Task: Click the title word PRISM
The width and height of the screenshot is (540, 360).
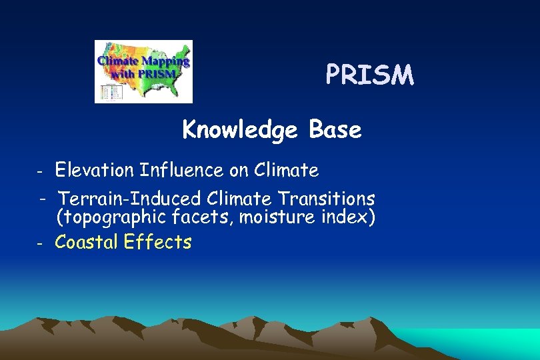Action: click(x=369, y=75)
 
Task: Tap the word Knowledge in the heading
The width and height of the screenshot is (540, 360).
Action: click(x=240, y=129)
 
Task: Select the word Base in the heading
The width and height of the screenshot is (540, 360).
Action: click(x=335, y=129)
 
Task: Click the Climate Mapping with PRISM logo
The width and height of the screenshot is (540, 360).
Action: click(x=143, y=71)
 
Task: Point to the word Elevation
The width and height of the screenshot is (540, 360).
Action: click(x=95, y=171)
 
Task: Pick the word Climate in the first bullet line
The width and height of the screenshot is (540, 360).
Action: click(x=286, y=171)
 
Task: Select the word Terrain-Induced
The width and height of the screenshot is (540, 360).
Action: click(x=130, y=199)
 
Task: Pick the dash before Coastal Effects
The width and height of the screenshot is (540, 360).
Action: click(x=40, y=243)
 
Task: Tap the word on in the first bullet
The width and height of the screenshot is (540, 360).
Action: click(x=239, y=171)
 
